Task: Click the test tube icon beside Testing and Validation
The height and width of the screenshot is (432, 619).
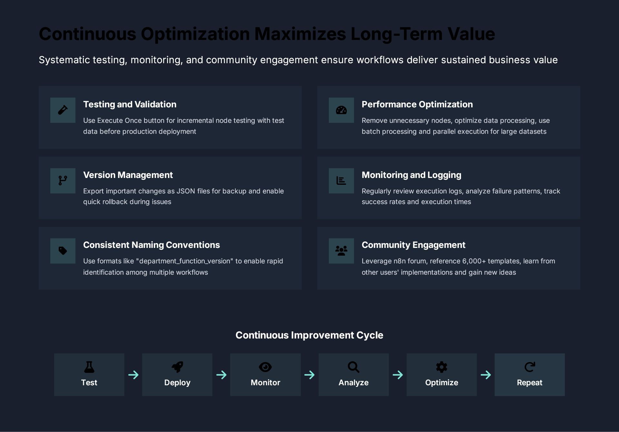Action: [x=63, y=110]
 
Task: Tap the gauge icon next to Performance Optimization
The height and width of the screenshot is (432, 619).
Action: [x=341, y=110]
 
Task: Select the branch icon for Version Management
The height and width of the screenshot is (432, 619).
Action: [x=63, y=181]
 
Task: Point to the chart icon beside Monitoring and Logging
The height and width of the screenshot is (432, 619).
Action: [x=341, y=181]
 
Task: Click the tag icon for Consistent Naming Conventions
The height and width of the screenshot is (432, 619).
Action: [x=63, y=250]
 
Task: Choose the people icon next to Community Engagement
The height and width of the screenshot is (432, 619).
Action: [x=341, y=250]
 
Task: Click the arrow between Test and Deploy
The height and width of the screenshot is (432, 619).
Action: [x=133, y=375]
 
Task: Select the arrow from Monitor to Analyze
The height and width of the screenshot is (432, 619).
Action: [x=309, y=375]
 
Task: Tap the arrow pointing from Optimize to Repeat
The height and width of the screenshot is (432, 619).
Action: [x=486, y=375]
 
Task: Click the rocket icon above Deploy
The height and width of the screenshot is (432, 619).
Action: [x=177, y=367]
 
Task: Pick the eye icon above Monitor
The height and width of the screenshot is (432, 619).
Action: [x=265, y=367]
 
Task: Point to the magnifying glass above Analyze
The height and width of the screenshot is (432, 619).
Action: [x=353, y=367]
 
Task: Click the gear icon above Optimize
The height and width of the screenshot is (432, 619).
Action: [x=442, y=367]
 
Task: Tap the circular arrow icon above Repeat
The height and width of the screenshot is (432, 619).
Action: [x=530, y=367]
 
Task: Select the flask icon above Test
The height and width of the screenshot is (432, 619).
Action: [x=89, y=367]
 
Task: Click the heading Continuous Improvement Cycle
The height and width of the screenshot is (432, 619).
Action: [x=309, y=335]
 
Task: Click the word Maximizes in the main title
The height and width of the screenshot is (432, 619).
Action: [x=300, y=34]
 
